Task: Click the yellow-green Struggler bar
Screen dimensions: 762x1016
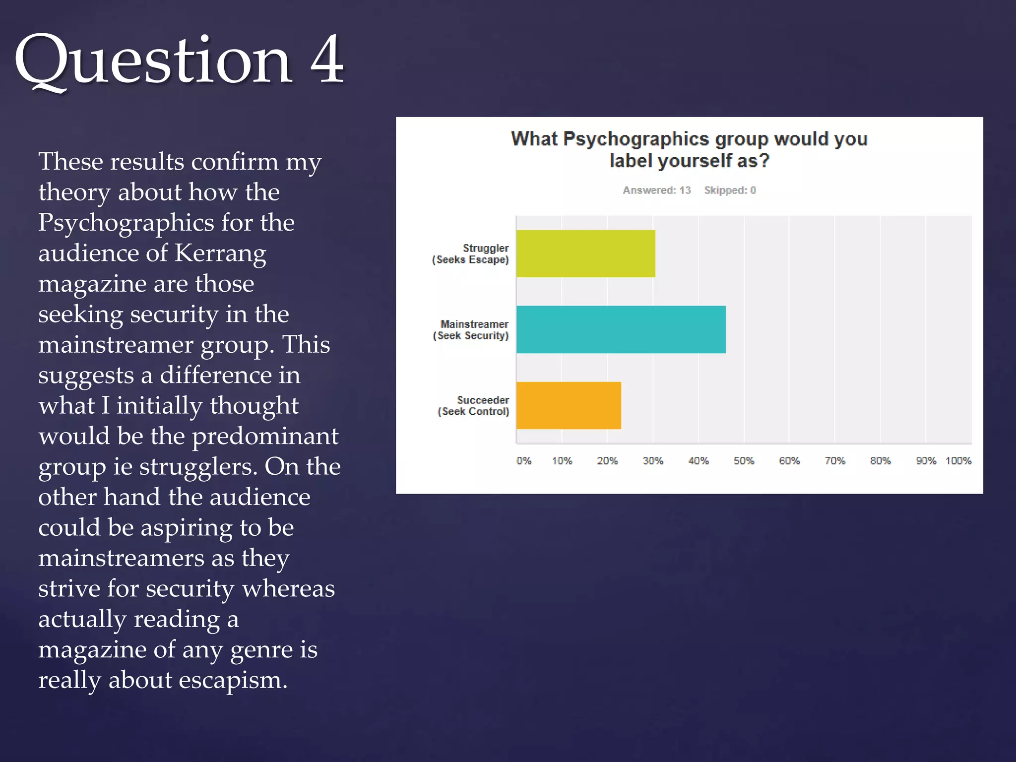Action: click(585, 254)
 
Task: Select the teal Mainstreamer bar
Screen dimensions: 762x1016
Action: click(621, 329)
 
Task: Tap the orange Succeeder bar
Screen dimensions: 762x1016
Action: click(569, 405)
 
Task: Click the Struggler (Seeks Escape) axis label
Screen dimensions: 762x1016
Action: click(470, 254)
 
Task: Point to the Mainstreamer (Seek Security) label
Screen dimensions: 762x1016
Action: click(471, 330)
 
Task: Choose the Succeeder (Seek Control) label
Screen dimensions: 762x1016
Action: click(473, 406)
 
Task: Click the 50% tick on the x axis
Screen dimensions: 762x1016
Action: click(744, 461)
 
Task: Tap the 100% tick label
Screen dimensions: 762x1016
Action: click(958, 461)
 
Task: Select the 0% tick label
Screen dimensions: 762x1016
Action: click(524, 461)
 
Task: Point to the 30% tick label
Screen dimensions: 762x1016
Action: click(653, 461)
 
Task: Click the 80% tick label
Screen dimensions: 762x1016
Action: click(880, 461)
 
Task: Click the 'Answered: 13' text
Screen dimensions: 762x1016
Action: click(657, 190)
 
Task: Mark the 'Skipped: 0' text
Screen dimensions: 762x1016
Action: click(730, 190)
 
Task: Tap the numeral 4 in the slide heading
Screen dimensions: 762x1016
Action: click(327, 60)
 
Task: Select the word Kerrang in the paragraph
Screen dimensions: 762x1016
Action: click(220, 254)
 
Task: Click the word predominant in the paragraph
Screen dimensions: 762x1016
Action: click(265, 436)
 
